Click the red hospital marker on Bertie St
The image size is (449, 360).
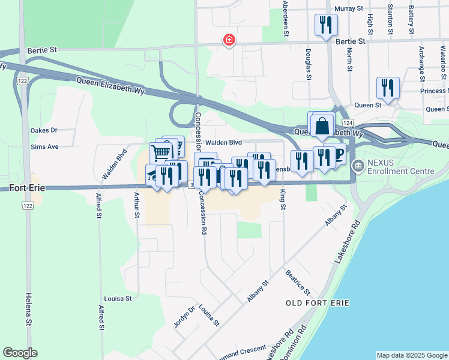click(229, 41)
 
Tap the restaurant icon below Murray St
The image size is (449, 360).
click(326, 25)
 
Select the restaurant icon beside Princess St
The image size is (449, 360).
click(388, 88)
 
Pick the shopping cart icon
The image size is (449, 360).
click(161, 152)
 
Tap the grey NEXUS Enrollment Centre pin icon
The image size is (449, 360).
click(359, 166)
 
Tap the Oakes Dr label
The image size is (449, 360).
click(44, 130)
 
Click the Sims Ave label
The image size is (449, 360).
click(44, 146)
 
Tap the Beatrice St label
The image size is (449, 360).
click(298, 283)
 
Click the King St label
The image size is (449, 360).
click(282, 199)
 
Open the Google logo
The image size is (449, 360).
click(20, 353)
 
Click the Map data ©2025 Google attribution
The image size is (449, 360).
click(412, 355)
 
